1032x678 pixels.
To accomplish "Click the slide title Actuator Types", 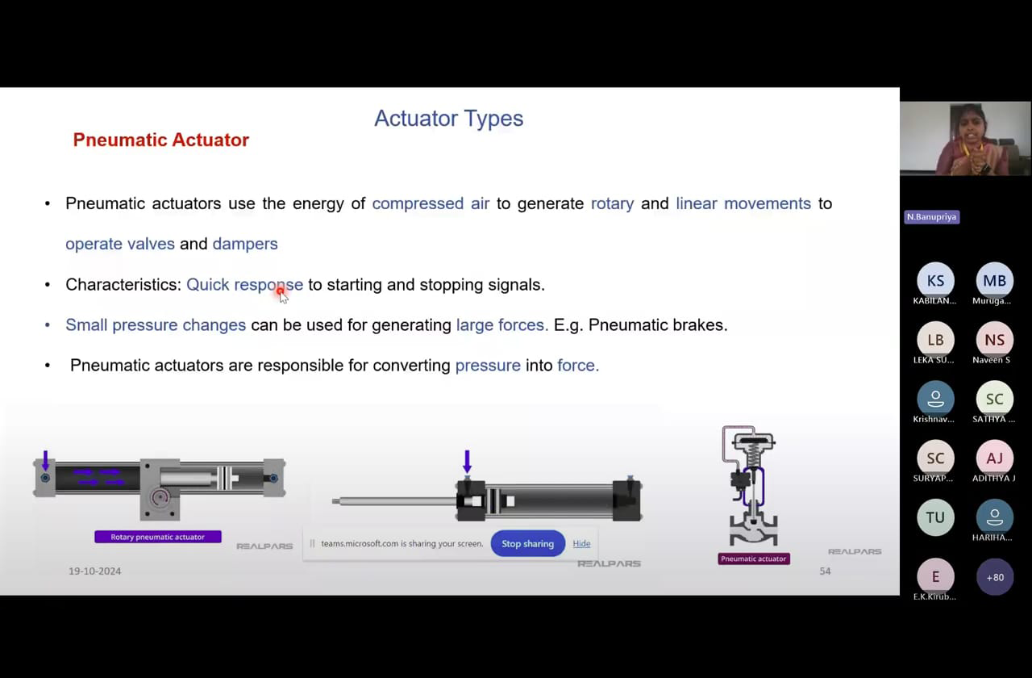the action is pos(448,119).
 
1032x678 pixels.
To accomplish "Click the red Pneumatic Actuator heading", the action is pos(160,140).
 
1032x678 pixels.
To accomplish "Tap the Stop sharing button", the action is pos(527,543).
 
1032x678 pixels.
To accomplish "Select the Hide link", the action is pos(581,543).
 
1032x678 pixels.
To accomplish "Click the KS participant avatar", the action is pos(935,280).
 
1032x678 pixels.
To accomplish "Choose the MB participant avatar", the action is pos(994,280).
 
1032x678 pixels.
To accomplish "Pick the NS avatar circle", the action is pos(994,340).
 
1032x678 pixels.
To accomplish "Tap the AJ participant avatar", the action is pos(994,458).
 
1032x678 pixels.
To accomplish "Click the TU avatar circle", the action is pos(935,517).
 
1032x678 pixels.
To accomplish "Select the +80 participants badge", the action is pos(995,577).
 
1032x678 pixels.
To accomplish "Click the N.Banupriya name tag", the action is pos(931,217).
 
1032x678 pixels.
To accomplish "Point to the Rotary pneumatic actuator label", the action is pos(157,537).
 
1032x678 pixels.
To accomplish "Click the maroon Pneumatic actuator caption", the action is pos(754,559).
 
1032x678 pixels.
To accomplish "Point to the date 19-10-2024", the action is pos(95,571).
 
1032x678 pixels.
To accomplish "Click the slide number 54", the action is pos(825,571).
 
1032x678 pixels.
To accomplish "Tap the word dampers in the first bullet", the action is pos(245,244).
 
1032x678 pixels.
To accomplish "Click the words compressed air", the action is pos(431,203).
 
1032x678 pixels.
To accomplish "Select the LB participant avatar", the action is pos(935,340).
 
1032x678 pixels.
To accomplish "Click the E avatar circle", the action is pos(935,576).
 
